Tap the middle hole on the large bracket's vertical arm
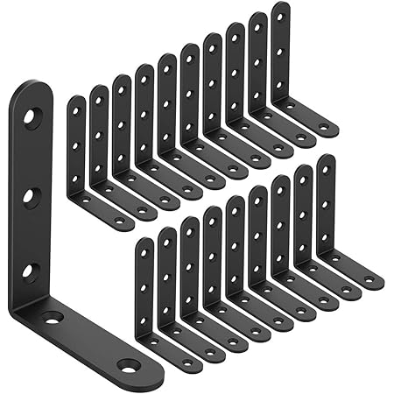click(x=32, y=193)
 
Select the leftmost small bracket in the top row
click(x=77, y=158)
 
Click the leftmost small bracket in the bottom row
click(x=144, y=298)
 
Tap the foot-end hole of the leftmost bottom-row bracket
click(x=186, y=362)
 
